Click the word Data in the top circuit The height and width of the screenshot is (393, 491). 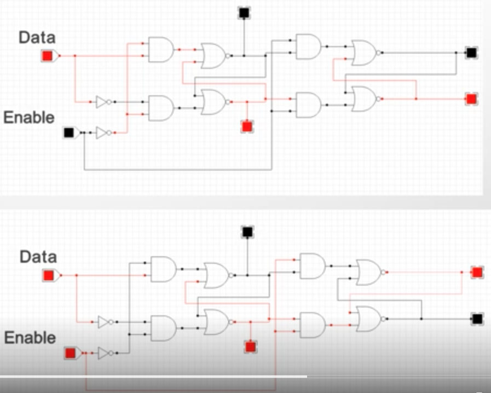tap(37, 38)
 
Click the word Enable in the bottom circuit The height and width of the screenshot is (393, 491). tap(30, 338)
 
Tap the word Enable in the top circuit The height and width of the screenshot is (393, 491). tap(29, 118)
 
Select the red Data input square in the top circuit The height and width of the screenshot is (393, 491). tap(47, 56)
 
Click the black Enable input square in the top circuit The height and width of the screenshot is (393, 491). tap(69, 132)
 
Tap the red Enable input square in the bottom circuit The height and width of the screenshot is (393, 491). tap(71, 353)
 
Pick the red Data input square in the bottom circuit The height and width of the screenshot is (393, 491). tap(49, 275)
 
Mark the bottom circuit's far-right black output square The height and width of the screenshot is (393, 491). tap(477, 319)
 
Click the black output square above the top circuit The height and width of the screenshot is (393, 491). tap(244, 13)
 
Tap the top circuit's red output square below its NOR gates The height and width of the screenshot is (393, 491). tap(247, 126)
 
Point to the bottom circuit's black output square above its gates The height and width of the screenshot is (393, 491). tap(247, 232)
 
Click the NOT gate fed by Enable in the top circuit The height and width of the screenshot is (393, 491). tap(104, 133)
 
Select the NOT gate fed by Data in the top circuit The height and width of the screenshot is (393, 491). tap(104, 102)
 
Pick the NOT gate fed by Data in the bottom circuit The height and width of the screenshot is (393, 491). tap(106, 322)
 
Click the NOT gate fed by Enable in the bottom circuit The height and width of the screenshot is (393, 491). tap(106, 353)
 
